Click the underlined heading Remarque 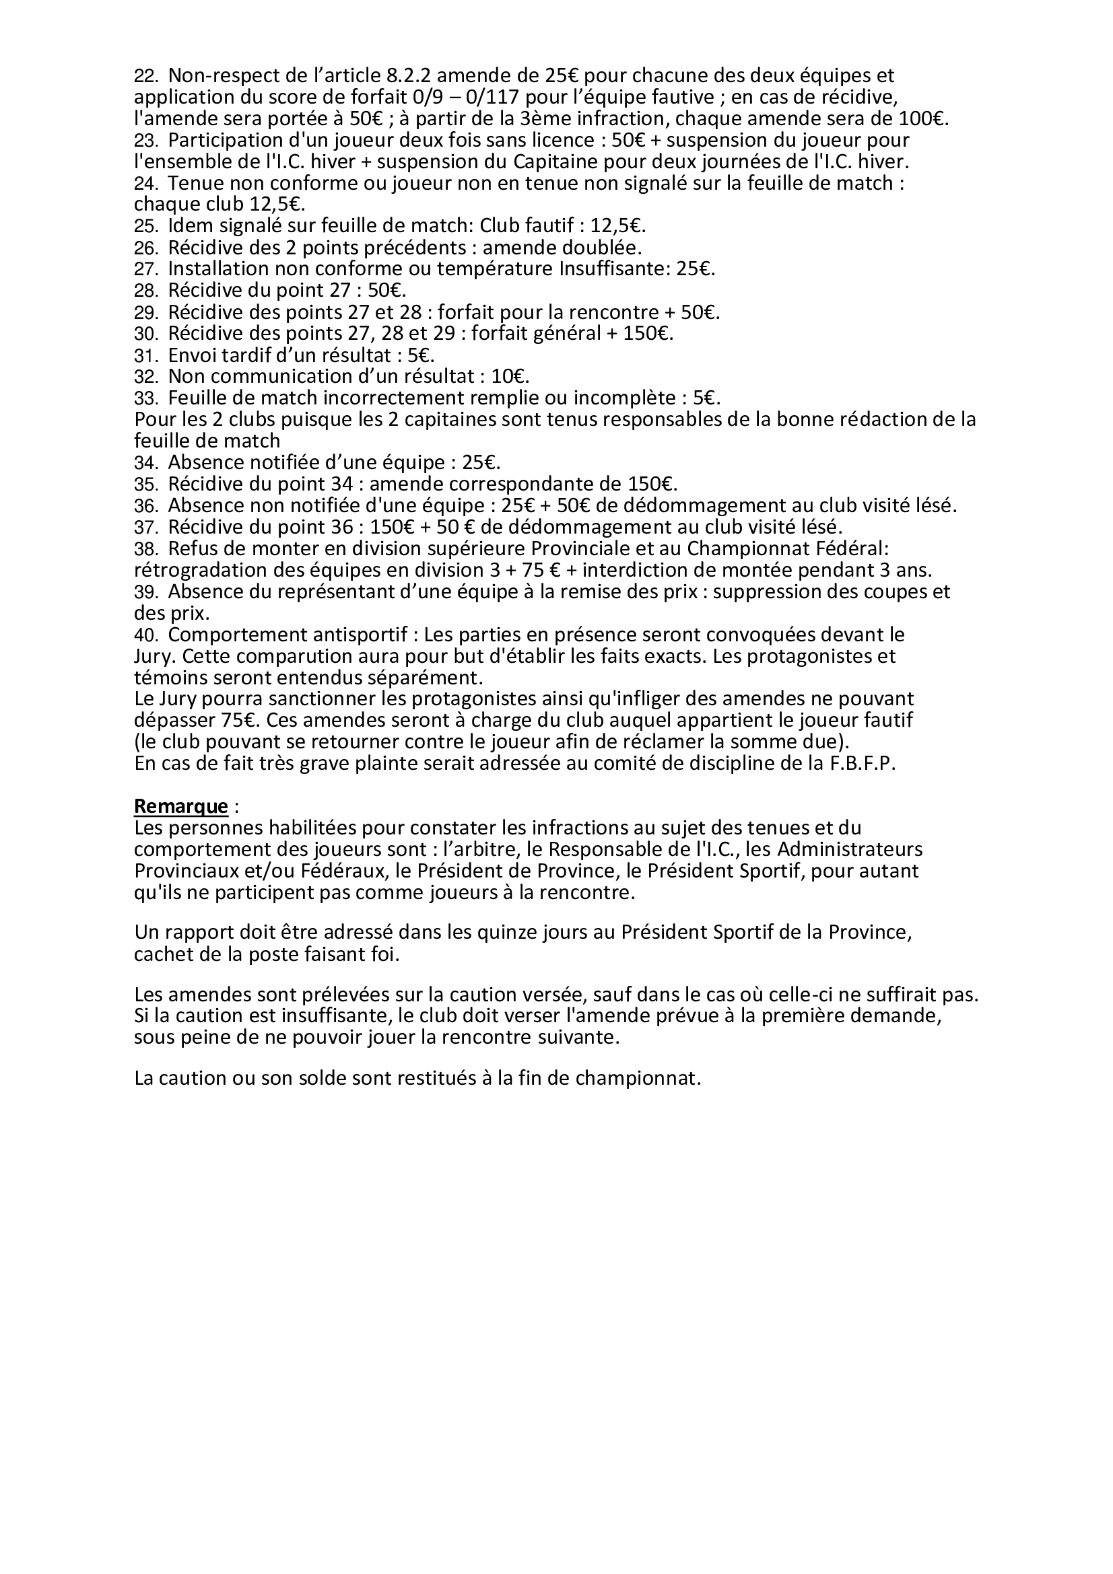click(x=181, y=806)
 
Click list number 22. click(x=145, y=75)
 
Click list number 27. click(x=145, y=269)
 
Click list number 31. click(x=145, y=355)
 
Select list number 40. click(x=145, y=635)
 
